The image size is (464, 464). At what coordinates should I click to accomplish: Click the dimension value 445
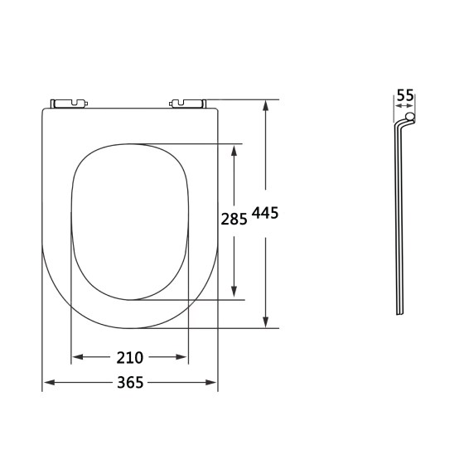pos(265,213)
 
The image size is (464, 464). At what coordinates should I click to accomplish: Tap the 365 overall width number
pos(130,383)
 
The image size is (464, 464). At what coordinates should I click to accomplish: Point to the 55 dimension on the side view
pos(404,96)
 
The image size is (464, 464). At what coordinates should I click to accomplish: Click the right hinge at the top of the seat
pos(187,104)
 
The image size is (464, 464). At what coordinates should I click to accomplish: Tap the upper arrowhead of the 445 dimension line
pos(265,105)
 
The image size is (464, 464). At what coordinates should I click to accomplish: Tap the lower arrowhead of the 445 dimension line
pos(265,323)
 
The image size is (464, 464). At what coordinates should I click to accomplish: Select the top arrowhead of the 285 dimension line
pos(236,149)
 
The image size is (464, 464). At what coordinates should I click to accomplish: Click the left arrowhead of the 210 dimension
pos(77,358)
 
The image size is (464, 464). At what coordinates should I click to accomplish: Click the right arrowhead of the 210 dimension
pos(183,358)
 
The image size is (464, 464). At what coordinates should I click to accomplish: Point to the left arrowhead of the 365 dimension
pos(47,383)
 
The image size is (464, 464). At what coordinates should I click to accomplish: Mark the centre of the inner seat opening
pos(130,221)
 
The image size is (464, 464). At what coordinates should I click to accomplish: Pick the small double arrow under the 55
pos(404,107)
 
